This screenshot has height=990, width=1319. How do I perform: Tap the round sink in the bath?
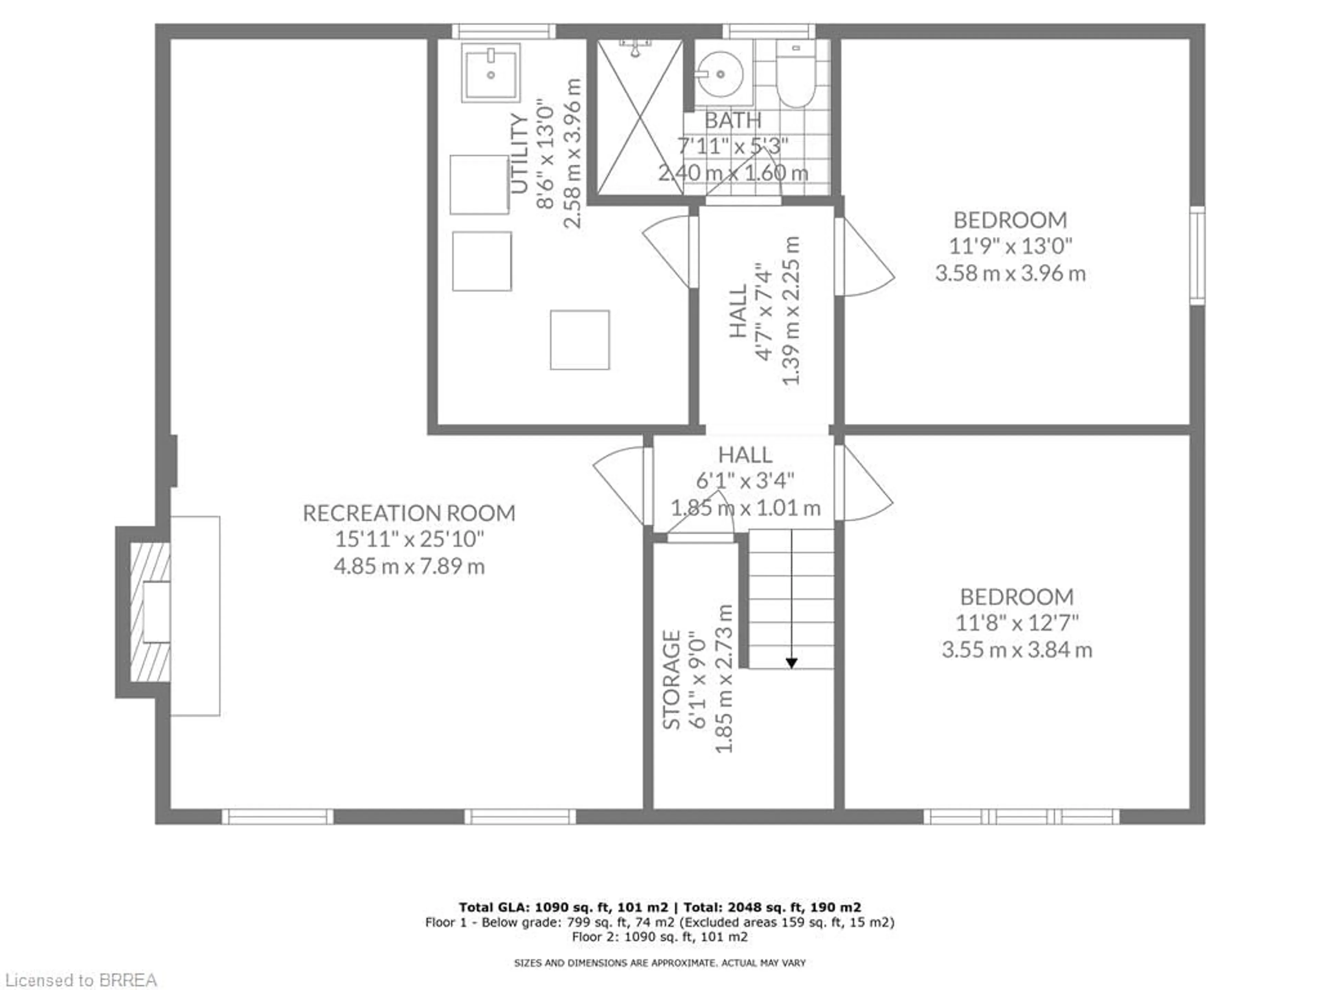[x=720, y=75]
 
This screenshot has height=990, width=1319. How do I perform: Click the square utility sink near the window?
[x=491, y=71]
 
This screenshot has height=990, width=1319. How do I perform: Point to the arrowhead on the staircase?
[x=791, y=663]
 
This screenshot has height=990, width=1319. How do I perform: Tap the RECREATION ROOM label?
[x=409, y=513]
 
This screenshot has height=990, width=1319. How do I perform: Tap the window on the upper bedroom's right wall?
[x=1197, y=255]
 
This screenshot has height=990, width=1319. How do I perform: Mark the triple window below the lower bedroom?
[x=1022, y=816]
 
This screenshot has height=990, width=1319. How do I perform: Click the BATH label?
[x=733, y=121]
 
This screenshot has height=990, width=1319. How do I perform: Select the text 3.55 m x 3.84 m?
[x=1017, y=649]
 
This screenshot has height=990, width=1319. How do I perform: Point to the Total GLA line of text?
[x=659, y=907]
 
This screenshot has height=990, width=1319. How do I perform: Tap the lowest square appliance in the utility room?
[x=579, y=340]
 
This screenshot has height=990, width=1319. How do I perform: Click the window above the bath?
[x=769, y=31]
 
